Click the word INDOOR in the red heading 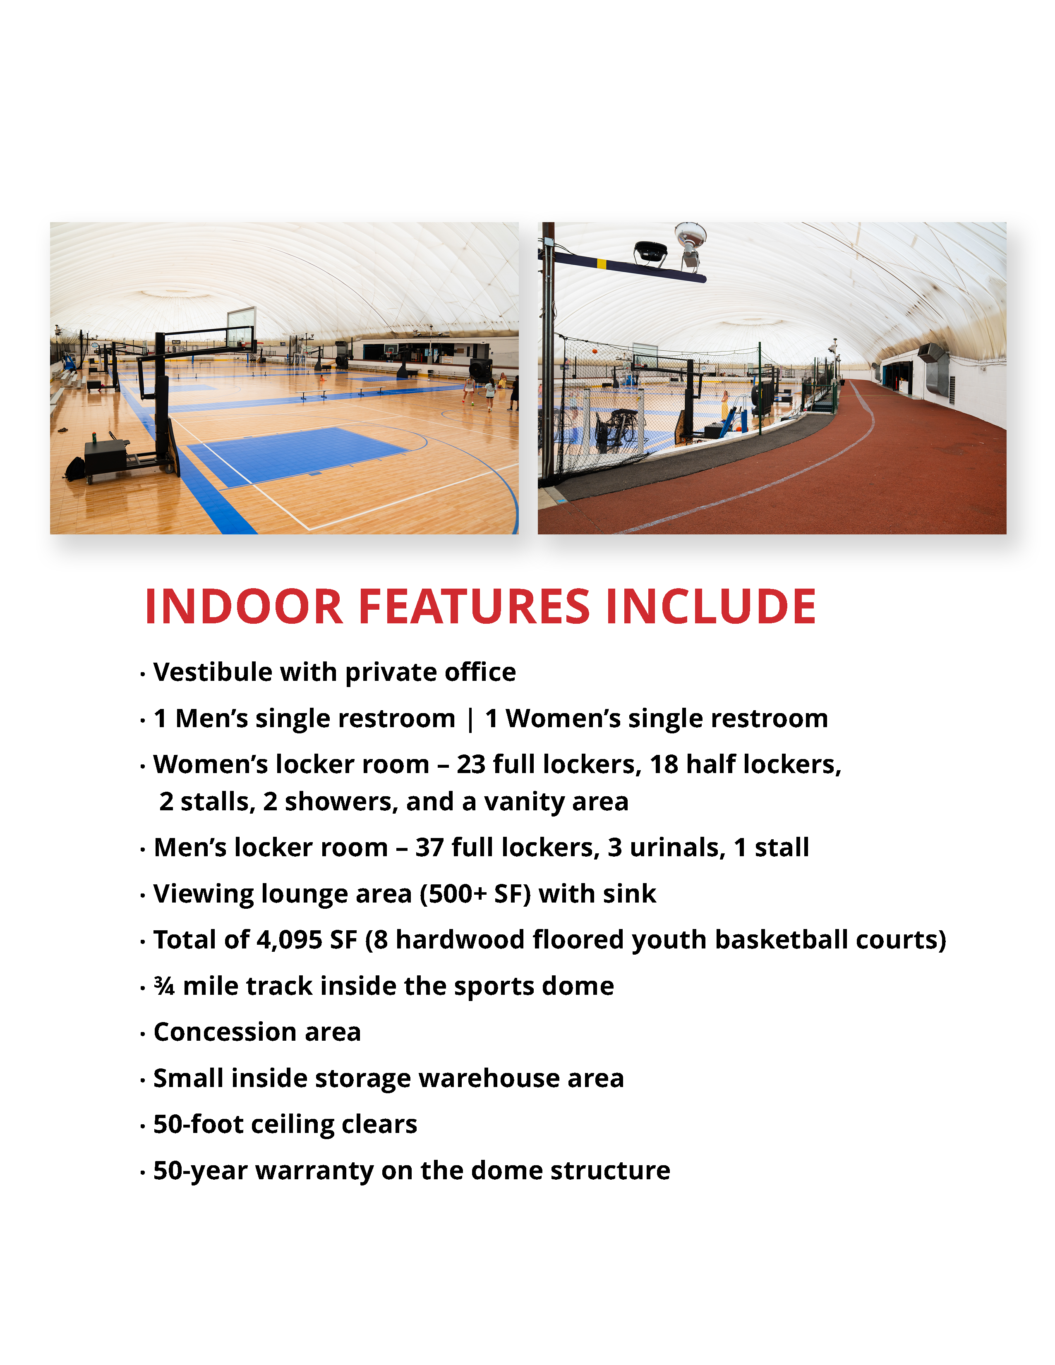point(244,606)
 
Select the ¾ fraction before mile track point(164,986)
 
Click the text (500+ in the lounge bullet point(453,894)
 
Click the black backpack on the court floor point(74,469)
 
